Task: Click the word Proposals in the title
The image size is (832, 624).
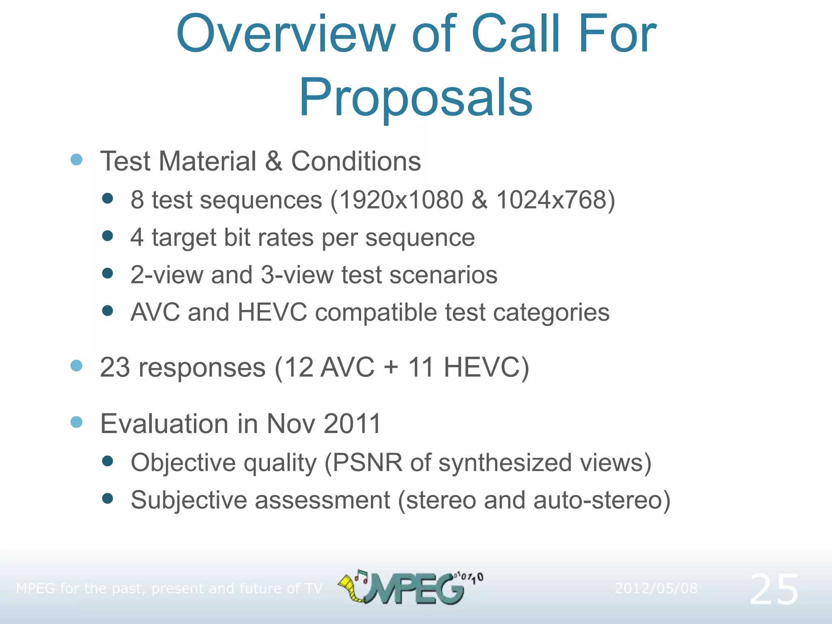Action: tap(416, 98)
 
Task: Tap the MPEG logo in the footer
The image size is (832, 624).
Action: tap(410, 587)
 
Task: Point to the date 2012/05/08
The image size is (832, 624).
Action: tap(656, 588)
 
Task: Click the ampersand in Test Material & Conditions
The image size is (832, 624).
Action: tap(273, 161)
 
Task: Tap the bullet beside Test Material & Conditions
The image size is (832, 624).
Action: tap(76, 160)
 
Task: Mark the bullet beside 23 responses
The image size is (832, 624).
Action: tap(76, 366)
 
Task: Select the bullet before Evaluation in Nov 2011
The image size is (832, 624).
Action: tap(76, 422)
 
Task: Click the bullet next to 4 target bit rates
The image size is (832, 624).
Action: tap(108, 236)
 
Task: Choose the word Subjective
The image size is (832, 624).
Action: tap(188, 500)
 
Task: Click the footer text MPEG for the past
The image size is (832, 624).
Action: tap(81, 588)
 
